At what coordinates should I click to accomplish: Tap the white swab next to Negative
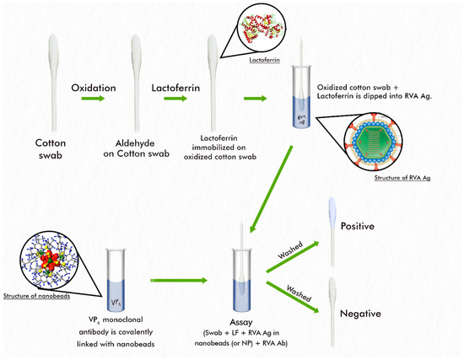335,312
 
